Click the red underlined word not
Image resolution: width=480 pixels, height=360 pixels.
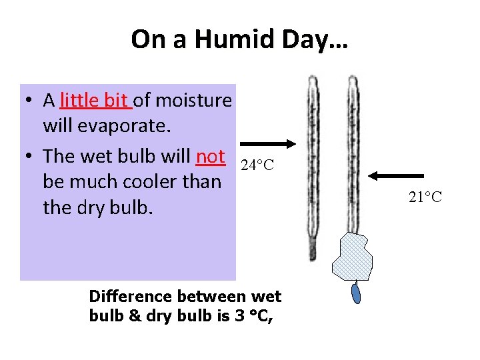pyautogui.click(x=211, y=156)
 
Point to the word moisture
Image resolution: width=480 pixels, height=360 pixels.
pyautogui.click(x=192, y=100)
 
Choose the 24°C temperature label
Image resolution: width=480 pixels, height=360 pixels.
pyautogui.click(x=257, y=165)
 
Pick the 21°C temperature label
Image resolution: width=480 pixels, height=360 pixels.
pyautogui.click(x=425, y=197)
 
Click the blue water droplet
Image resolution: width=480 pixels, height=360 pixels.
pyautogui.click(x=357, y=293)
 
